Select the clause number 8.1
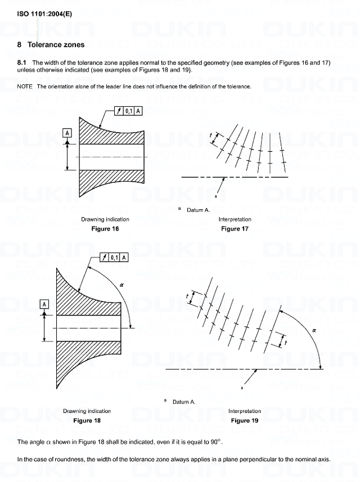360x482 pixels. [23, 62]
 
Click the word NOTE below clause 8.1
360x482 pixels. [25, 87]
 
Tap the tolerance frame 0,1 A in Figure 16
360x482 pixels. [128, 111]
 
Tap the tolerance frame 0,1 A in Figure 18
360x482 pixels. [114, 258]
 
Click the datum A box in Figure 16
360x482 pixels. [67, 133]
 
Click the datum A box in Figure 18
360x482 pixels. [43, 304]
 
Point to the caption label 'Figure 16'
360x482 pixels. [105, 229]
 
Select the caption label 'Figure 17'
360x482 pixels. [235, 229]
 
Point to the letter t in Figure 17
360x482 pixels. [211, 136]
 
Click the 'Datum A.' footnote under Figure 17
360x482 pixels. [198, 210]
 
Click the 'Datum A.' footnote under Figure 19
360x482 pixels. [183, 402]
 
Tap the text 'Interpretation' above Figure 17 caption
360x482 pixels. [235, 219]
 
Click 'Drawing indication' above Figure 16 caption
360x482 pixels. [105, 219]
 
